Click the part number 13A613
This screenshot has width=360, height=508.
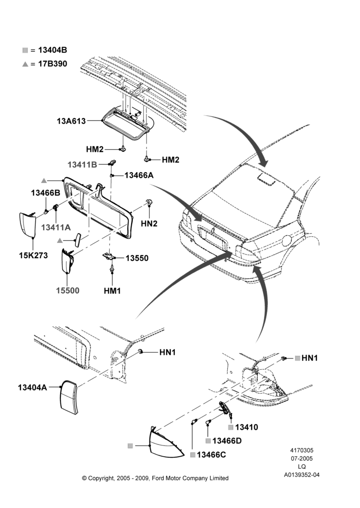(x=71, y=121)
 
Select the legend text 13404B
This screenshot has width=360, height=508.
(x=52, y=50)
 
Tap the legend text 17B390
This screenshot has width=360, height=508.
(x=52, y=64)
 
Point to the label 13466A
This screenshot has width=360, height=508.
(x=139, y=175)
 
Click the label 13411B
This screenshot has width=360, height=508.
(x=82, y=165)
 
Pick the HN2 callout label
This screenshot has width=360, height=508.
(x=149, y=224)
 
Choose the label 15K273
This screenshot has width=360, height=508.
(x=34, y=256)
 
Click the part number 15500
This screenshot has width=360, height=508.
(x=68, y=290)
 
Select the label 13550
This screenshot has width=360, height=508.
(x=137, y=258)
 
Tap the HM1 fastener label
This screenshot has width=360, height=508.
(x=112, y=291)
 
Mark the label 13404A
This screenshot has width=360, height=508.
(x=33, y=388)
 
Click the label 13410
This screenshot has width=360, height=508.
(x=247, y=427)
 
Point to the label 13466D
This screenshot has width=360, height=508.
(x=227, y=441)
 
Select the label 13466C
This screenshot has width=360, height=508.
(x=212, y=455)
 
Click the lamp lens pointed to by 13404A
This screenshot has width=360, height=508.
(x=69, y=398)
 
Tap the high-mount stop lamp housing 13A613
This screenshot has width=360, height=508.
(x=127, y=123)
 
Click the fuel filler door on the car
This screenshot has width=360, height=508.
(x=287, y=241)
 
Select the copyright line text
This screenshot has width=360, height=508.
(x=156, y=478)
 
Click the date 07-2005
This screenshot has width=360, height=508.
(x=302, y=458)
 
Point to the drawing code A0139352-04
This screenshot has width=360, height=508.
(x=302, y=475)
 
